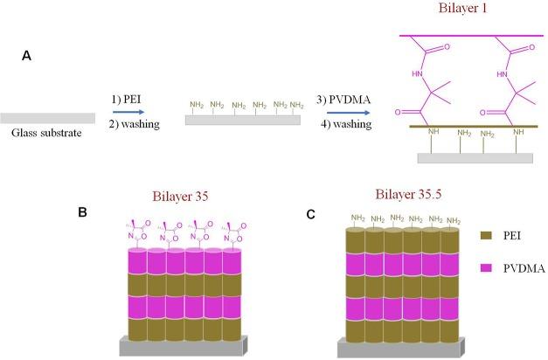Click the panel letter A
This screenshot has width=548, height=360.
pos(27,56)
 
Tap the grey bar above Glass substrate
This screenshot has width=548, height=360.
pos(47,118)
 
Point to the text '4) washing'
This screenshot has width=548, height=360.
pos(348,125)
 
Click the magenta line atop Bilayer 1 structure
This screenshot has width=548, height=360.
pos(475,35)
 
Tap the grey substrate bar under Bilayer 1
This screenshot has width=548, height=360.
pos(475,158)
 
